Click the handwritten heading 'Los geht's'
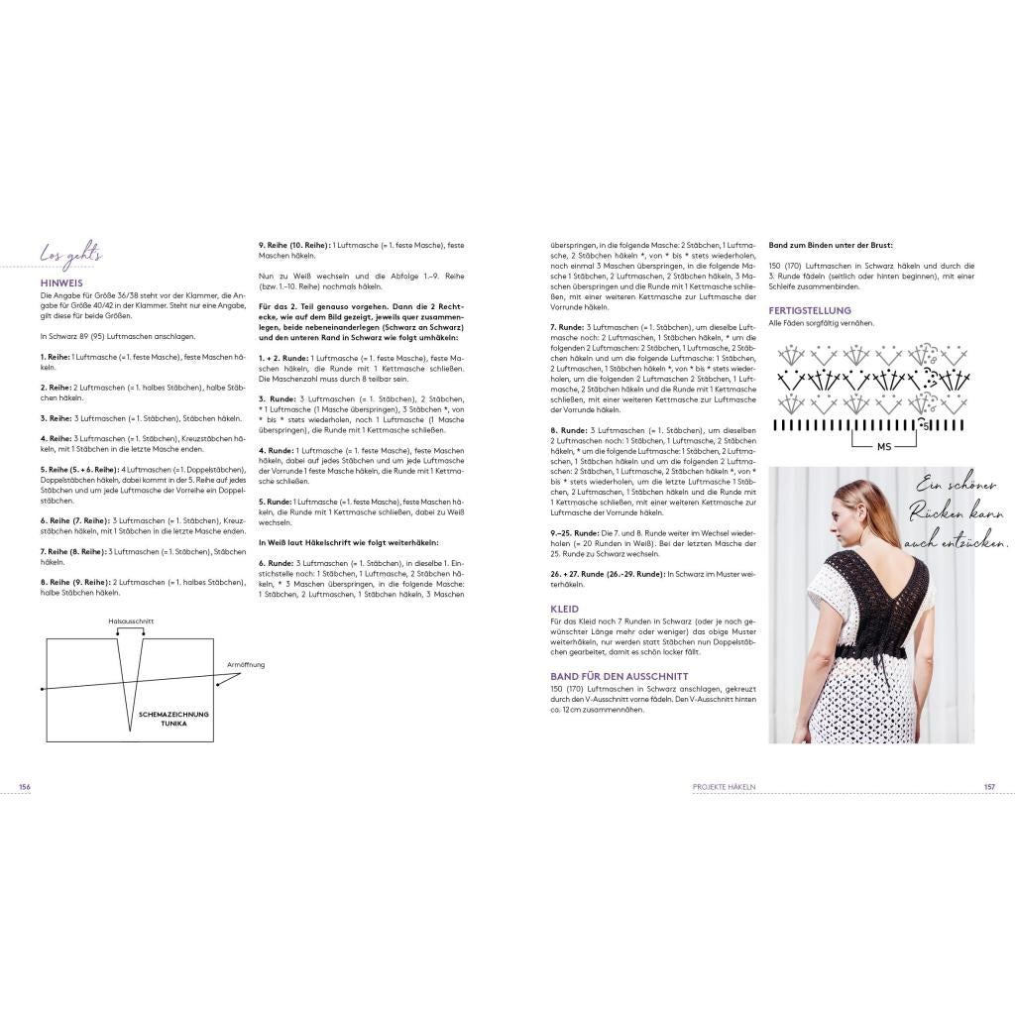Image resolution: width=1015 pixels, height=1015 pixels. point(71,257)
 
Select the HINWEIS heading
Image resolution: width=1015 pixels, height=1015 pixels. point(60,282)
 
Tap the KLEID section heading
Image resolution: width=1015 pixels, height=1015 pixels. point(565,608)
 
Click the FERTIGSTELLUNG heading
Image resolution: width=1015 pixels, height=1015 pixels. point(810,310)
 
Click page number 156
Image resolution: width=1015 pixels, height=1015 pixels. point(25,786)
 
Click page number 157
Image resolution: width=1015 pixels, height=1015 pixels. point(988,786)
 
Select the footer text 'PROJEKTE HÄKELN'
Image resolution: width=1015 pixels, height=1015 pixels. point(724,786)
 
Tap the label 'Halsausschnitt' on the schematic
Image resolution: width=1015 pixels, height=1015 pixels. point(131,621)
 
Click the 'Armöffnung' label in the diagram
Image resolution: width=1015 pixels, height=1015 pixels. point(246,665)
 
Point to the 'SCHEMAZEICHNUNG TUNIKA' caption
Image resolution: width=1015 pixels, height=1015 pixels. point(175,718)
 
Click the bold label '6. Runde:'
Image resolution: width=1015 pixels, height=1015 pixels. point(277,563)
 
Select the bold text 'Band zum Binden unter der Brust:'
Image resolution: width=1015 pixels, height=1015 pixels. point(831,244)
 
